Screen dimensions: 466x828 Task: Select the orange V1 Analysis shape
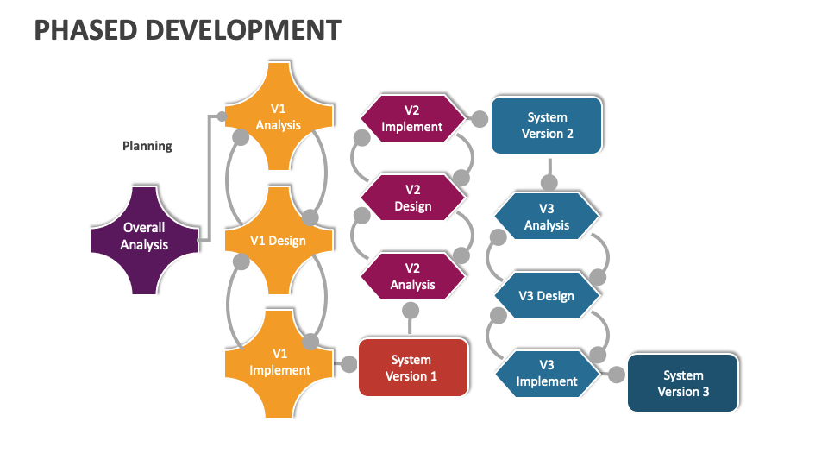click(279, 116)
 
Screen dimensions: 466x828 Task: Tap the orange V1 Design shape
click(279, 241)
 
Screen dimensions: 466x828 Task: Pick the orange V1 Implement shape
click(279, 362)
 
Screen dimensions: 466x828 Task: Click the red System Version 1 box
click(412, 368)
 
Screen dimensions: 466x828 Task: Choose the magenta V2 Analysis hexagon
click(412, 277)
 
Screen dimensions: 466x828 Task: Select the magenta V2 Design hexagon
click(412, 198)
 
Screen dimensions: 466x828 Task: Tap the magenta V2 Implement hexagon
click(412, 118)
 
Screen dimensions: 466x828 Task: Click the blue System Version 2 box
click(547, 126)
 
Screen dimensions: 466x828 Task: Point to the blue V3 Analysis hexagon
click(547, 217)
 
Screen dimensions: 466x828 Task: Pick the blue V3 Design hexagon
click(546, 296)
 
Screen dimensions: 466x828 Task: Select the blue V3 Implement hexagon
click(546, 374)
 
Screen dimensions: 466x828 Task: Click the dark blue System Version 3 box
click(683, 383)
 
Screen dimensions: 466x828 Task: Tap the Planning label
click(147, 146)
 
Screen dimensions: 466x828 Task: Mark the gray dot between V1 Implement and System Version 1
click(348, 364)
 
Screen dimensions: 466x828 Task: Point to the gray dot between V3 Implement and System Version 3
click(616, 375)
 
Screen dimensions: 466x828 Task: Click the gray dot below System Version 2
click(548, 182)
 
